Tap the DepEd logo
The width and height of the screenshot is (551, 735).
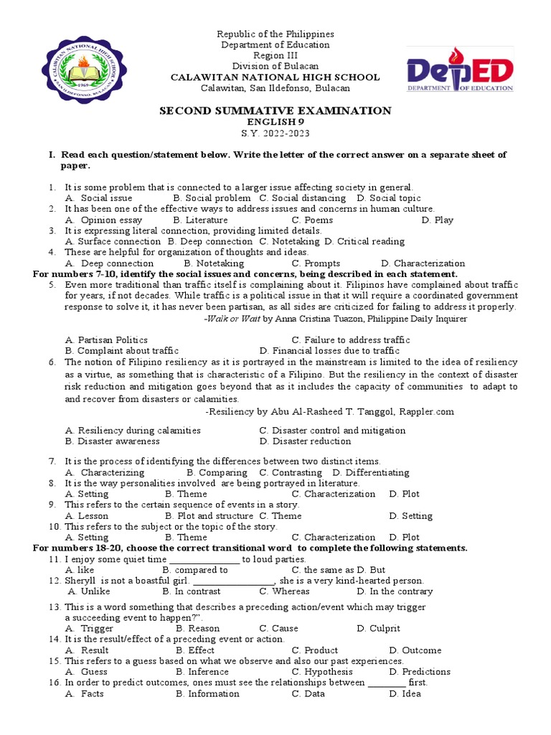pyautogui.click(x=460, y=70)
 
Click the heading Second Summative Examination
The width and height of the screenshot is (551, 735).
pyautogui.click(x=275, y=111)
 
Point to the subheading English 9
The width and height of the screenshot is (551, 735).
pyautogui.click(x=275, y=122)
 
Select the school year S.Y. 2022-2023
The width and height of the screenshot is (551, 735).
pyautogui.click(x=275, y=134)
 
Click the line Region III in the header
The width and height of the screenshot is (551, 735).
pyautogui.click(x=275, y=56)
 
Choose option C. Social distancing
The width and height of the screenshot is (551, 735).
pyautogui.click(x=302, y=198)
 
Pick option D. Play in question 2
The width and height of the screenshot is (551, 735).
pyautogui.click(x=438, y=220)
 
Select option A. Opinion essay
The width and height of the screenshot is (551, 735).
pyautogui.click(x=103, y=220)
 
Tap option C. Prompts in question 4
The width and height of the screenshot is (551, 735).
pyautogui.click(x=316, y=263)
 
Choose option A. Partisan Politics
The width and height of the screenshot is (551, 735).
pyautogui.click(x=106, y=340)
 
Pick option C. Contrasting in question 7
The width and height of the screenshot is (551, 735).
pyautogui.click(x=291, y=472)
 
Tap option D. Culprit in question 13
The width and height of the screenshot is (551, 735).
pyautogui.click(x=378, y=628)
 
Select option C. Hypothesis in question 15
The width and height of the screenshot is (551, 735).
pyautogui.click(x=322, y=672)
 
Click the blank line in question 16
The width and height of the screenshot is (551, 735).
pyautogui.click(x=387, y=683)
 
